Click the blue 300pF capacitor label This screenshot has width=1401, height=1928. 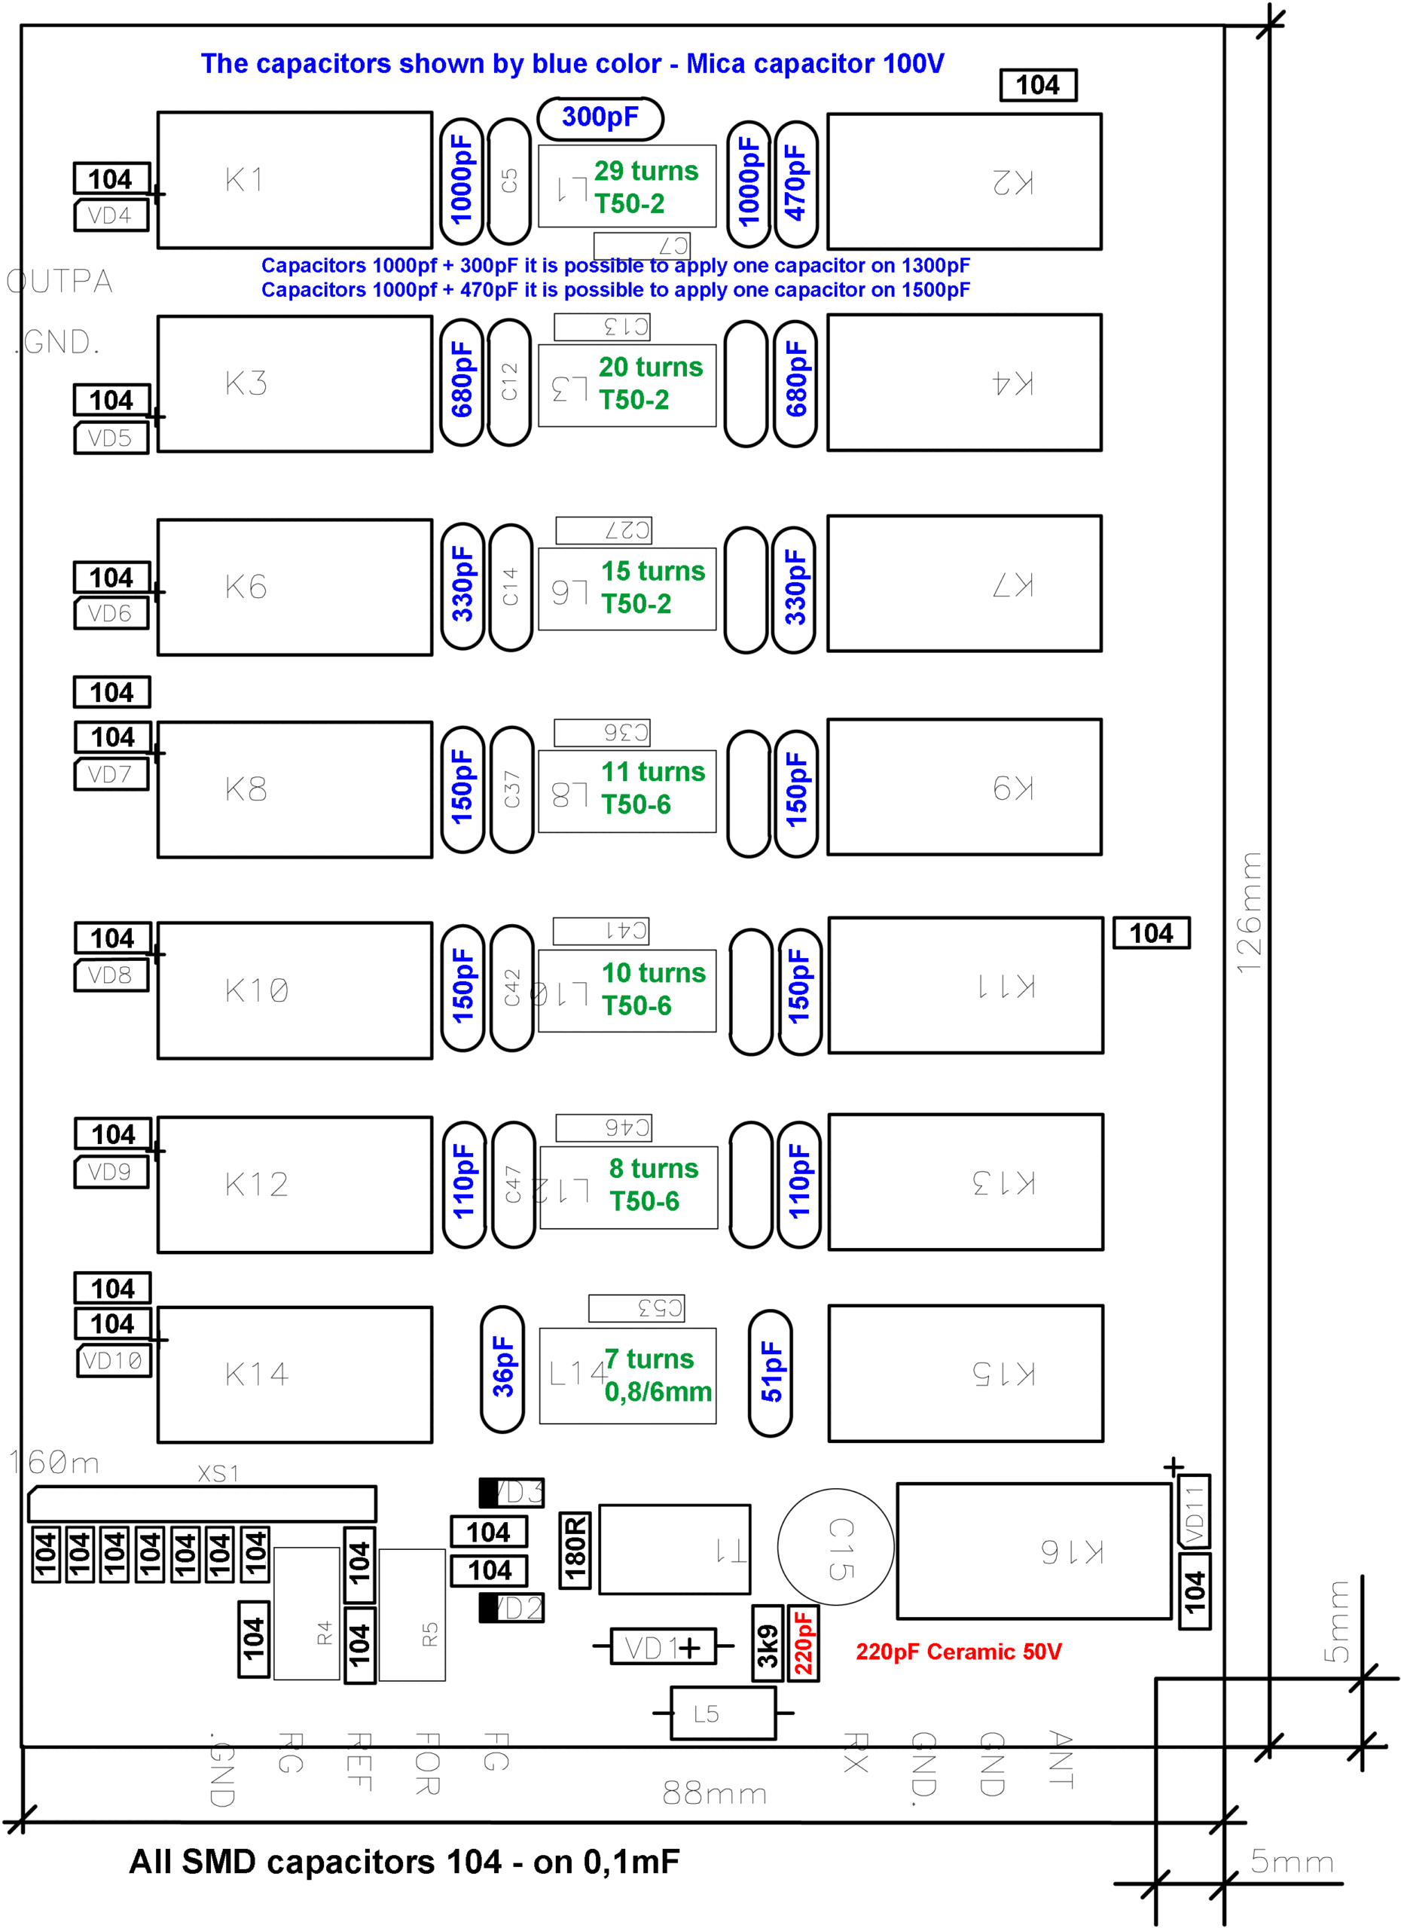(x=600, y=117)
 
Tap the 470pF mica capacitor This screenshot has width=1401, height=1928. (x=795, y=183)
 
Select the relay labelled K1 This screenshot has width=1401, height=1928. (x=295, y=180)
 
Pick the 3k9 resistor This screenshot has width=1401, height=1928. (x=768, y=1643)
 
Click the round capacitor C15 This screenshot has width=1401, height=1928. (x=835, y=1547)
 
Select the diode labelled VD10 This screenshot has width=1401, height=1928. (x=113, y=1360)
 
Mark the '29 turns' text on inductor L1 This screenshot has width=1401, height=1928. (x=646, y=172)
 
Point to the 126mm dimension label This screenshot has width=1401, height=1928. (x=1249, y=912)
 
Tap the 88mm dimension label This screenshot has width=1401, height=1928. (x=714, y=1794)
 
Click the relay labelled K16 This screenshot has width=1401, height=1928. (x=1033, y=1551)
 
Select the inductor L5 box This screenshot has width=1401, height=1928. (x=722, y=1713)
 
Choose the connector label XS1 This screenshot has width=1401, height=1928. (x=218, y=1473)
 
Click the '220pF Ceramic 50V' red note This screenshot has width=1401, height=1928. (x=958, y=1652)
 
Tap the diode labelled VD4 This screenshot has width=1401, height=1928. (x=111, y=216)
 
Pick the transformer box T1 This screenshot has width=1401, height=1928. (x=674, y=1549)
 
